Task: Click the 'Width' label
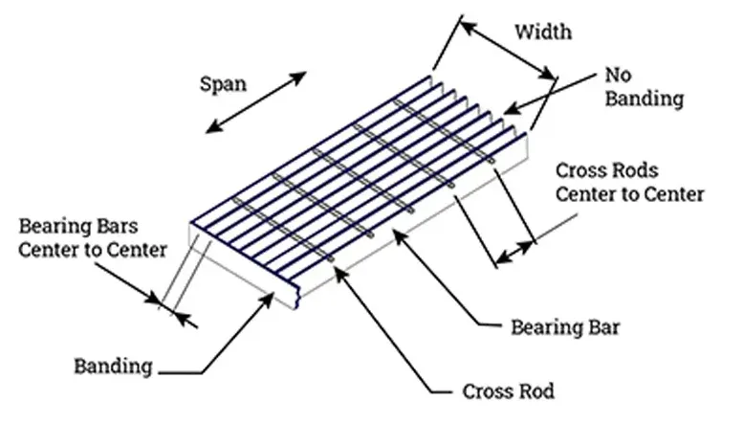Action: [x=543, y=32]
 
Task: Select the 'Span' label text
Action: [x=222, y=83]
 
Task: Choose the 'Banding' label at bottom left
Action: [x=113, y=366]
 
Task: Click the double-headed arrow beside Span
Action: [x=258, y=100]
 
